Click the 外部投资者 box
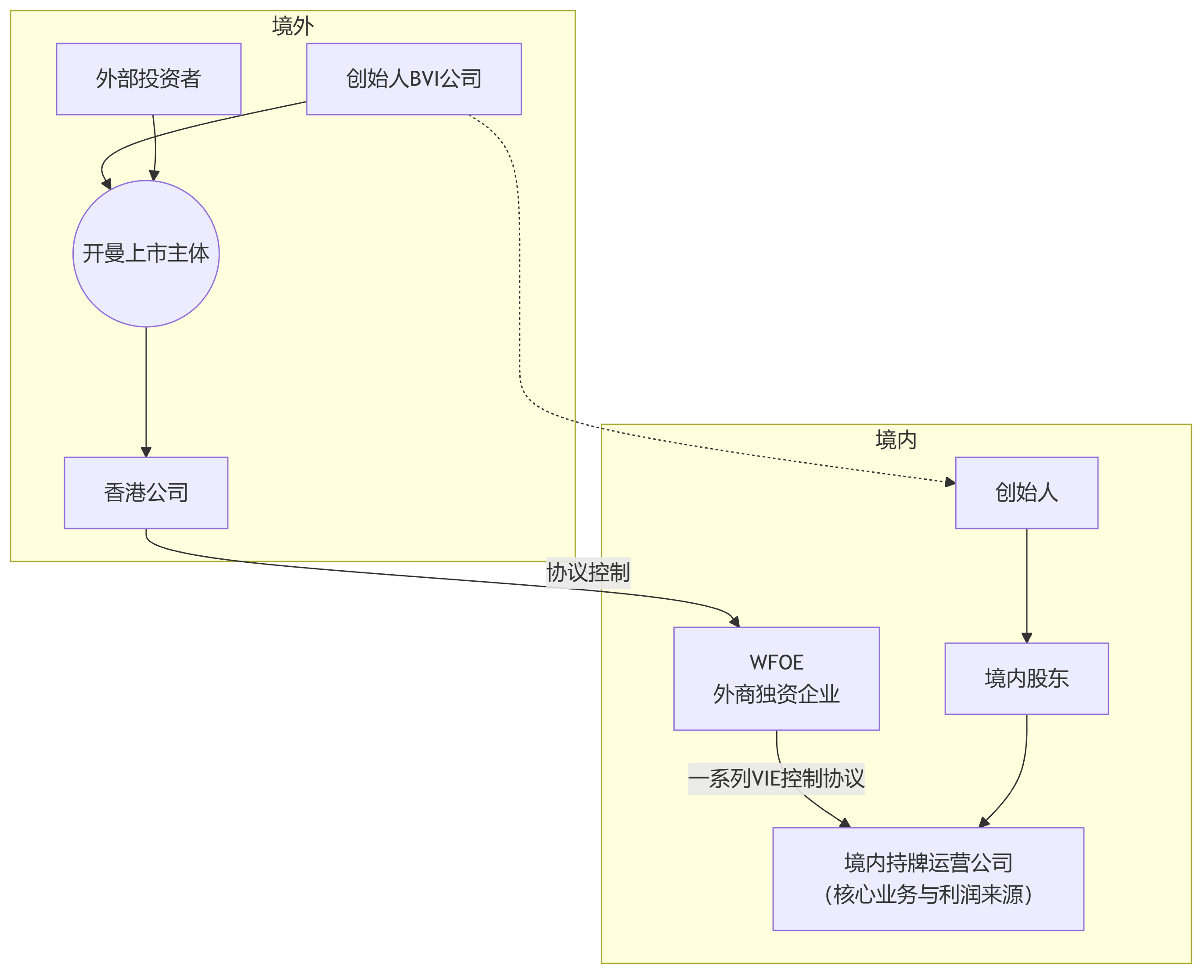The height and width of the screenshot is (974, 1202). tap(148, 79)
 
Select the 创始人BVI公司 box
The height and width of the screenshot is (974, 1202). tap(414, 79)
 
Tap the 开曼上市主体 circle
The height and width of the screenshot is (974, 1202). tap(146, 253)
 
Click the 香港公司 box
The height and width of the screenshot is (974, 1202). tap(146, 492)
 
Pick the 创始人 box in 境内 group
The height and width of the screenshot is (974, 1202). tap(1026, 492)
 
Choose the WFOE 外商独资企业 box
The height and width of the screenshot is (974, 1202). tap(777, 678)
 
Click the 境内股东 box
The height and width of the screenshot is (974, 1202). tap(1026, 678)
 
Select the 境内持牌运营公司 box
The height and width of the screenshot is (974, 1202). tap(928, 879)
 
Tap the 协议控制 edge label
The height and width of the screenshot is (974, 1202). tap(588, 573)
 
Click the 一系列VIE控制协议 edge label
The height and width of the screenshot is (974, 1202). tap(776, 779)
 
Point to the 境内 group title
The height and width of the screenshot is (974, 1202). tap(896, 440)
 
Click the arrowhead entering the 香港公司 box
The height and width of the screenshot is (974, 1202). tap(146, 452)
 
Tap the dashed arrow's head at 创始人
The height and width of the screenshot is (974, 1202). tap(950, 482)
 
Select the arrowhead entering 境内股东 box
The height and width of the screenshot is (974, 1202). tap(1026, 638)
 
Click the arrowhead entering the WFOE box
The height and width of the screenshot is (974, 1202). tap(735, 621)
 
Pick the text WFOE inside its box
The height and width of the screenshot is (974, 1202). tap(777, 663)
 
